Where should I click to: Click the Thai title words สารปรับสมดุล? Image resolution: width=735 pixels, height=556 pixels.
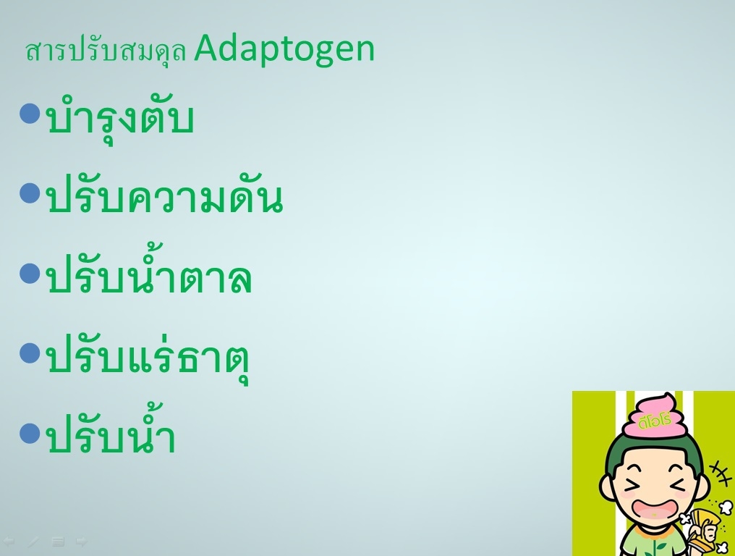coord(106,51)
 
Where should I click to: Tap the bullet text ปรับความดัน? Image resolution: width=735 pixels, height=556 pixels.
coord(165,197)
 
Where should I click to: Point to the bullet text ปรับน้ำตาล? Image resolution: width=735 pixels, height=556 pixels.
coord(149,271)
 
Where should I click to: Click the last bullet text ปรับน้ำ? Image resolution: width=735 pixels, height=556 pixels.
coord(111,430)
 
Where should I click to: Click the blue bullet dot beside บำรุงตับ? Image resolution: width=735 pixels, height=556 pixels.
coord(30,114)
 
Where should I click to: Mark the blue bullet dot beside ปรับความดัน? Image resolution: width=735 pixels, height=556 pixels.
coord(30,193)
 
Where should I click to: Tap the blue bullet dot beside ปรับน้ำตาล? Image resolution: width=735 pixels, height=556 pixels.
coord(30,273)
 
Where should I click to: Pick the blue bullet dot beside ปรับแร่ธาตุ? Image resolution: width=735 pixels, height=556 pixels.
coord(30,353)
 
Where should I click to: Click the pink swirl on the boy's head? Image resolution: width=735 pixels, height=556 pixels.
coord(655,415)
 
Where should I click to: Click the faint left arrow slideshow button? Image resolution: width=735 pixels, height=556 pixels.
coord(9,542)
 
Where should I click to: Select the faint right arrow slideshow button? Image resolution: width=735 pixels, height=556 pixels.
coord(82,542)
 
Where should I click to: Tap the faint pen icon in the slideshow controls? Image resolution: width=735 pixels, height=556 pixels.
coord(33,542)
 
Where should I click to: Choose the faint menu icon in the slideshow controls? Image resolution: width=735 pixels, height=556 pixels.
coord(58,542)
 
